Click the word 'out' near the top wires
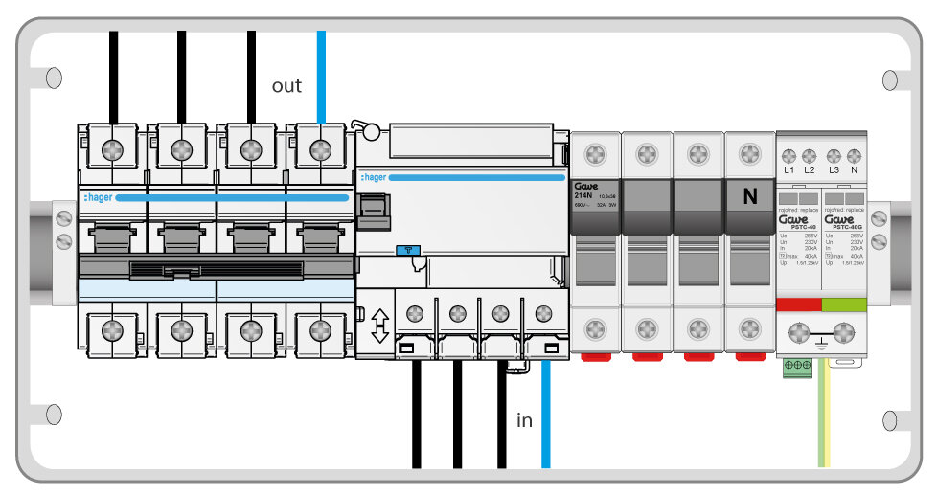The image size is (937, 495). click(286, 86)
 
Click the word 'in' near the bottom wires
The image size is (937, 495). click(524, 420)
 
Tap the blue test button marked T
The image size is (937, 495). click(407, 250)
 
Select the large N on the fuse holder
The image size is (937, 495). click(750, 196)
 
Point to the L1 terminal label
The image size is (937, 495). click(789, 169)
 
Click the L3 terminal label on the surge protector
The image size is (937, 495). click(834, 169)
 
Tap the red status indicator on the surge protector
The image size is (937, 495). click(798, 304)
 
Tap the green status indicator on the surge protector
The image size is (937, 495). click(844, 304)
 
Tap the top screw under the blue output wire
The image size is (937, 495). click(321, 149)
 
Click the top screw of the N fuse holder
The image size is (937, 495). click(750, 153)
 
